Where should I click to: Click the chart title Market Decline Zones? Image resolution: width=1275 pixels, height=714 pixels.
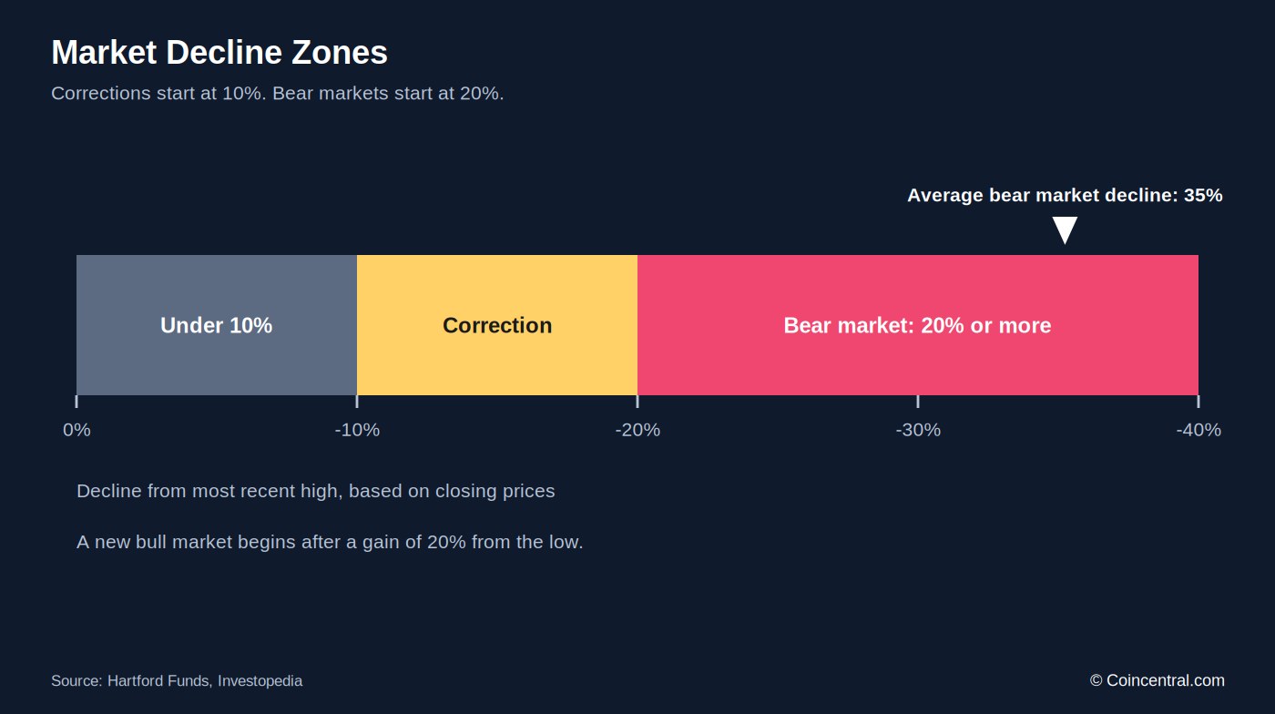point(219,53)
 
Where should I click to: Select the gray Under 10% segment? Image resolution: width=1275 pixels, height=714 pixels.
point(217,325)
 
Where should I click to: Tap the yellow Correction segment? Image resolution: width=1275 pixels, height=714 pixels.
point(497,325)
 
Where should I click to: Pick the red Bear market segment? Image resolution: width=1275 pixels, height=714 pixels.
point(918,325)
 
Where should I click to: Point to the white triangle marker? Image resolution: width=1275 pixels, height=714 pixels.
point(1065,229)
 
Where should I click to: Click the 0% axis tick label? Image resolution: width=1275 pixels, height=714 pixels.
point(76,430)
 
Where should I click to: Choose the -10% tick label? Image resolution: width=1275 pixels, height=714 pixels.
point(357,430)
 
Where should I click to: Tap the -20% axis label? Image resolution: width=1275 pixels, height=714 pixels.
point(637,430)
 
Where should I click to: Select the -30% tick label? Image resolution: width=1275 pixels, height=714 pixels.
point(918,430)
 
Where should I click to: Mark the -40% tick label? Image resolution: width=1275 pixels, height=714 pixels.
point(1198,430)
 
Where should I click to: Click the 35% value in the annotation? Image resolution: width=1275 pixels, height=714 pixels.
point(1203,195)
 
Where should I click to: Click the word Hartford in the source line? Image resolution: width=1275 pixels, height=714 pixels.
point(132,681)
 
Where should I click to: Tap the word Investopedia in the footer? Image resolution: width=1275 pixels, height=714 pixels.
point(260,681)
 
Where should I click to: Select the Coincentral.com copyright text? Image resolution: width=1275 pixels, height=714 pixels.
point(1158,680)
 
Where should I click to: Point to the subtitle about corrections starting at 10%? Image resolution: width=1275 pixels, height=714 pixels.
point(278,94)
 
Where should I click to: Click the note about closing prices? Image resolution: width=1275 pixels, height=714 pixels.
point(316,491)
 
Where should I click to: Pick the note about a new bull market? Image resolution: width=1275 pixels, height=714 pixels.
point(330,542)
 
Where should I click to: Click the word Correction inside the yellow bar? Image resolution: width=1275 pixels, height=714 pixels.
point(497,326)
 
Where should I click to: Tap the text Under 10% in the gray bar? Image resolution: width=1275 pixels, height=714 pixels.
point(217,326)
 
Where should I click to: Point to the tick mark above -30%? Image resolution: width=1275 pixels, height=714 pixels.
point(918,402)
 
